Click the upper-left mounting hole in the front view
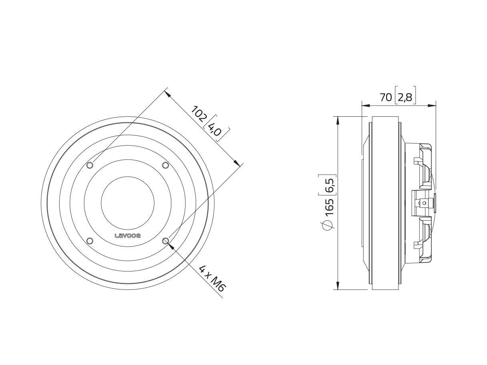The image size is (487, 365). (x=90, y=165)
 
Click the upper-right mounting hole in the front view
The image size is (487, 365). (x=166, y=165)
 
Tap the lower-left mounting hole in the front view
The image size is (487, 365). (x=90, y=241)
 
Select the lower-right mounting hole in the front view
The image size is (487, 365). (x=166, y=241)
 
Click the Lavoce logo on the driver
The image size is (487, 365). (x=127, y=236)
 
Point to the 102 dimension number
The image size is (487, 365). (x=199, y=114)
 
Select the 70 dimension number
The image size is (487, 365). (x=386, y=97)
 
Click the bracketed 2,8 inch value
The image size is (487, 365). (x=405, y=97)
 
